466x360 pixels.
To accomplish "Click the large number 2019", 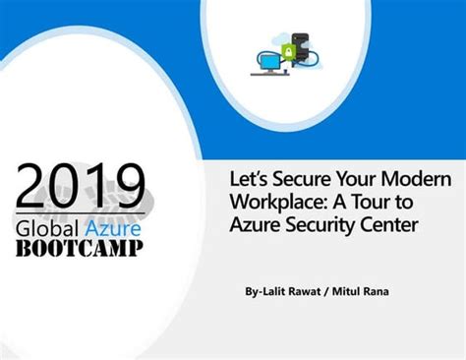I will pyautogui.click(x=81, y=187).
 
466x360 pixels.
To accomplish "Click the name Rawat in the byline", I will pyautogui.click(x=307, y=292).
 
